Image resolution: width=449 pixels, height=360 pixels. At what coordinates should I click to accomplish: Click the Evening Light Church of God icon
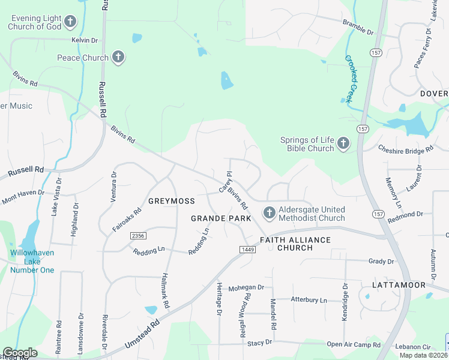pyautogui.click(x=71, y=23)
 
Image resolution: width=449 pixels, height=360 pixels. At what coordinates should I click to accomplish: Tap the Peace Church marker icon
pyautogui.click(x=118, y=58)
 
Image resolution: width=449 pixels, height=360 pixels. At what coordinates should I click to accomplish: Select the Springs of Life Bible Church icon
pyautogui.click(x=343, y=143)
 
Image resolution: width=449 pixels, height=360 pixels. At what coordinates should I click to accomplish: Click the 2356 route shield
pyautogui.click(x=137, y=236)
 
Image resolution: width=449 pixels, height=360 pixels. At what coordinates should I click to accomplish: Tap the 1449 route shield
pyautogui.click(x=247, y=249)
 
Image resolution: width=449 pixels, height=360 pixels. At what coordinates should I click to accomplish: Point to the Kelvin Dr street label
pyautogui.click(x=84, y=40)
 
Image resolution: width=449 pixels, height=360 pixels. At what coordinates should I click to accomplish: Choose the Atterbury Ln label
pyautogui.click(x=309, y=299)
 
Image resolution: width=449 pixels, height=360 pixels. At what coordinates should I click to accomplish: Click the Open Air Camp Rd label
pyautogui.click(x=354, y=345)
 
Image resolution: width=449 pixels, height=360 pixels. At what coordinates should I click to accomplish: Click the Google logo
pyautogui.click(x=20, y=353)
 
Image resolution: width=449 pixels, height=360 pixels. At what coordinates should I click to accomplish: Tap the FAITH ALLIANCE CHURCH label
pyautogui.click(x=295, y=244)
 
